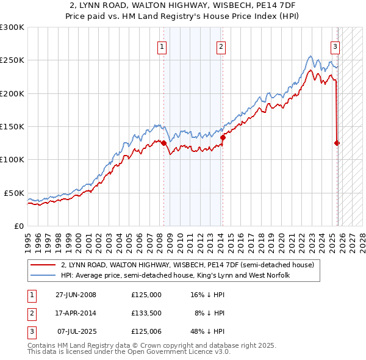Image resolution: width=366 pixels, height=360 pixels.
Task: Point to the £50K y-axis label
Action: pyautogui.click(x=13, y=193)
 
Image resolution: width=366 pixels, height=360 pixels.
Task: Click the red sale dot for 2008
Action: pyautogui.click(x=164, y=143)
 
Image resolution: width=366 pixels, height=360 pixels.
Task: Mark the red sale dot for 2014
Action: pyautogui.click(x=223, y=138)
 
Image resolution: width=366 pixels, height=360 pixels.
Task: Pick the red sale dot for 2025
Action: pyautogui.click(x=337, y=143)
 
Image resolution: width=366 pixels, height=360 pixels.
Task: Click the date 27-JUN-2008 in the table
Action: pyautogui.click(x=76, y=294)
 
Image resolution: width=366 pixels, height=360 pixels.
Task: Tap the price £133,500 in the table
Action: pyautogui.click(x=146, y=312)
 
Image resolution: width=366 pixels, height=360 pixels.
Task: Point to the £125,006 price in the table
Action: pyautogui.click(x=146, y=331)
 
